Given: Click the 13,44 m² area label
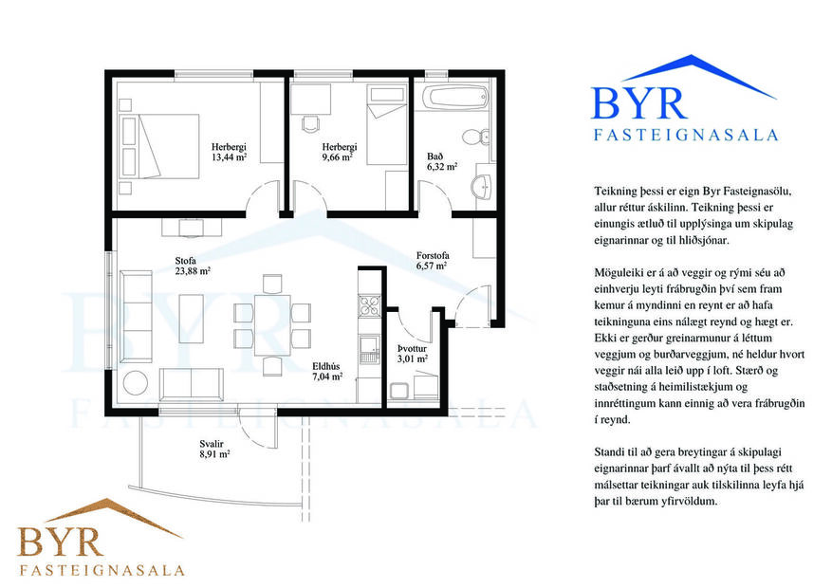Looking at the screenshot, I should (x=230, y=158).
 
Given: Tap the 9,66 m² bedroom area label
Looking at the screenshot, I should (x=338, y=158).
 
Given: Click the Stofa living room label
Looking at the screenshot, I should (x=187, y=259).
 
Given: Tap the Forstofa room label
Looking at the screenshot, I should (x=432, y=255).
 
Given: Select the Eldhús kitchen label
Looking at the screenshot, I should (x=326, y=364).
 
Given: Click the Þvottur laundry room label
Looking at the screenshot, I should (x=411, y=348).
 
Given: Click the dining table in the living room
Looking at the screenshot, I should (x=272, y=323).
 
